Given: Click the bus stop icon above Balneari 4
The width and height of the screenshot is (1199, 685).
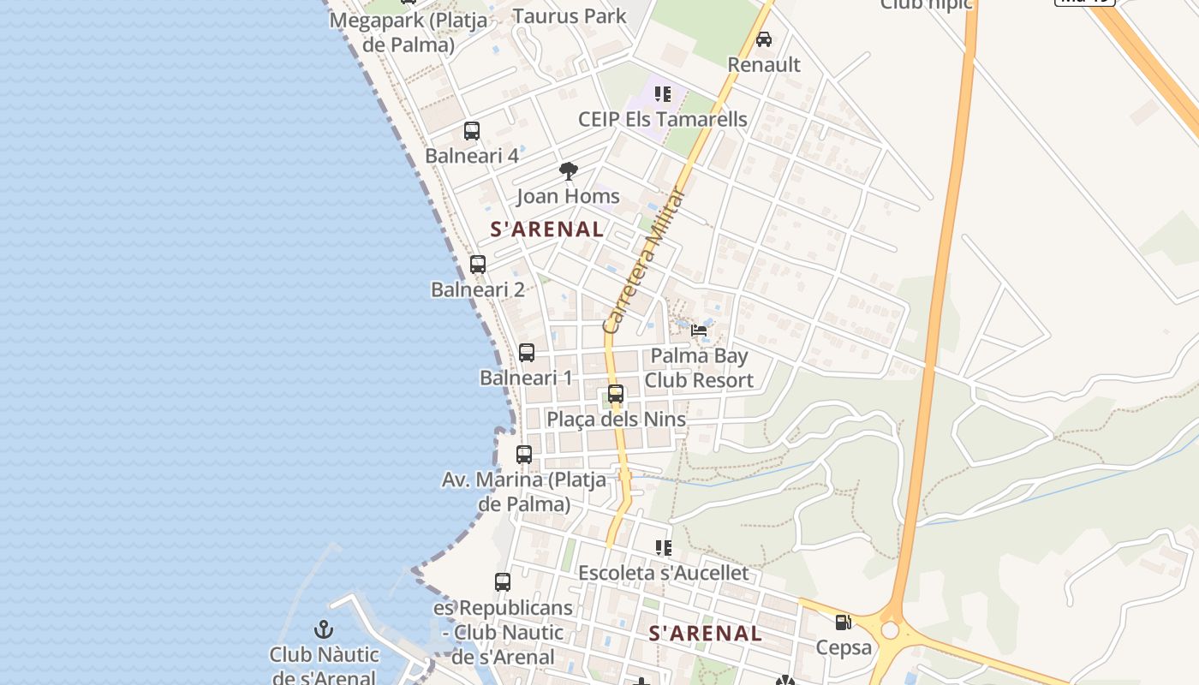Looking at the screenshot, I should click(x=472, y=131).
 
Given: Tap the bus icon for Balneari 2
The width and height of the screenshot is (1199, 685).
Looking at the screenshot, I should click(x=478, y=265).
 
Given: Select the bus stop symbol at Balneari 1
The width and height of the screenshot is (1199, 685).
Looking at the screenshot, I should click(x=527, y=353).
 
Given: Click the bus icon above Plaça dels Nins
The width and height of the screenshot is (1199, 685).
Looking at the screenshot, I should click(x=616, y=394).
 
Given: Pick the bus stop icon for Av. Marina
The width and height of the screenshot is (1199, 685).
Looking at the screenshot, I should click(x=524, y=455).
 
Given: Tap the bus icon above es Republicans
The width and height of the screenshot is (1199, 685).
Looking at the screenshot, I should click(x=503, y=582).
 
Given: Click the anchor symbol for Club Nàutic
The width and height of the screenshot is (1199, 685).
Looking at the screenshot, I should click(x=324, y=630).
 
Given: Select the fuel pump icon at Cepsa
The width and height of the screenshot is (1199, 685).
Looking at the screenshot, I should click(x=844, y=622).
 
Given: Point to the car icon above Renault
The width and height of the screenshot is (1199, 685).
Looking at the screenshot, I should click(x=763, y=39).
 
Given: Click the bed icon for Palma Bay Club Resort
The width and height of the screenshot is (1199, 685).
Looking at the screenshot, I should click(x=700, y=331).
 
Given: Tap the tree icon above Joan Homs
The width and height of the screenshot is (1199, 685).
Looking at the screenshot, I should click(x=568, y=171).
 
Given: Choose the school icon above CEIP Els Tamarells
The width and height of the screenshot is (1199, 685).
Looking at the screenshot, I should click(x=662, y=94).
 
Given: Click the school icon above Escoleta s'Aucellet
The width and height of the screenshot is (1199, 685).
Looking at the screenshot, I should click(x=663, y=547).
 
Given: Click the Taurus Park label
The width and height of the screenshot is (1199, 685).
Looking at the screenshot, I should click(x=570, y=16).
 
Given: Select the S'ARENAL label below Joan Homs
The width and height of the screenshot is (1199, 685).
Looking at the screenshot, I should click(x=547, y=229).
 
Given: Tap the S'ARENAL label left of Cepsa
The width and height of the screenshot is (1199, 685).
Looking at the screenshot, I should click(x=705, y=634).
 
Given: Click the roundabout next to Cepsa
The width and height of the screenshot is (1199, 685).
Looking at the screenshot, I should click(x=891, y=630).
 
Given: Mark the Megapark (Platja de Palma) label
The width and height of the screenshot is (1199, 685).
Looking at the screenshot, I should click(x=409, y=32).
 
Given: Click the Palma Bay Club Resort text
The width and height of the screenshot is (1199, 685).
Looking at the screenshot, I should click(x=699, y=368).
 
